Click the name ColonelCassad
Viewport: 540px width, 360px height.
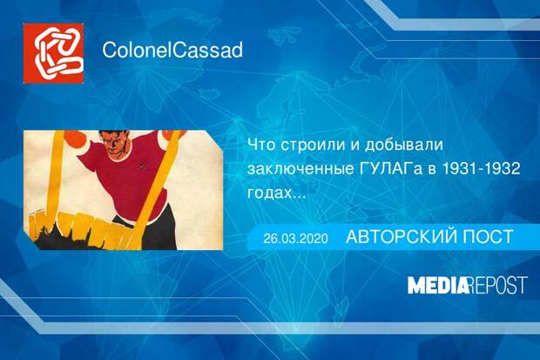172,50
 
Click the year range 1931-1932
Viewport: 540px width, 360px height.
481,171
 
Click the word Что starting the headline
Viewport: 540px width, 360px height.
260,146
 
